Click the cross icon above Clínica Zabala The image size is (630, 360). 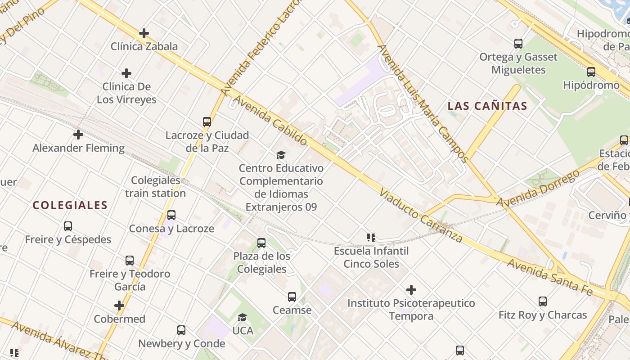[144, 33]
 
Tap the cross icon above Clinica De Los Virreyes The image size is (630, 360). [126, 73]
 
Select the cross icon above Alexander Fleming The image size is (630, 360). [78, 135]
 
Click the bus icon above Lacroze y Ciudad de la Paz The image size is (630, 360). [207, 122]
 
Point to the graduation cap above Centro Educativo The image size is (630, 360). [281, 155]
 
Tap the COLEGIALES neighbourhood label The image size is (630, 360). [70, 206]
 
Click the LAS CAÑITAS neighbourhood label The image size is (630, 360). [487, 106]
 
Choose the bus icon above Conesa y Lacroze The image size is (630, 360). [171, 215]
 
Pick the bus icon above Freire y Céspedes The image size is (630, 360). [68, 226]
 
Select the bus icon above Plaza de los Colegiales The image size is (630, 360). [261, 243]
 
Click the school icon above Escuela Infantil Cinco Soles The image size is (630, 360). [371, 238]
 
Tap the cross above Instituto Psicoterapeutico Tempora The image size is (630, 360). [411, 290]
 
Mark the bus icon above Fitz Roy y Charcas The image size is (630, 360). [543, 301]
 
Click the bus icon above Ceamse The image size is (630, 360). [292, 297]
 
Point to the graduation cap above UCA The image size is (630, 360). [243, 318]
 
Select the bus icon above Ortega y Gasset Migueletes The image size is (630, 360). [518, 44]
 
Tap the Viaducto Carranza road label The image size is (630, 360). [420, 216]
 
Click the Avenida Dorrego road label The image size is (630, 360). [537, 189]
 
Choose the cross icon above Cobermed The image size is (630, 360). [119, 306]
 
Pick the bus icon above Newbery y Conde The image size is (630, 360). [181, 330]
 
